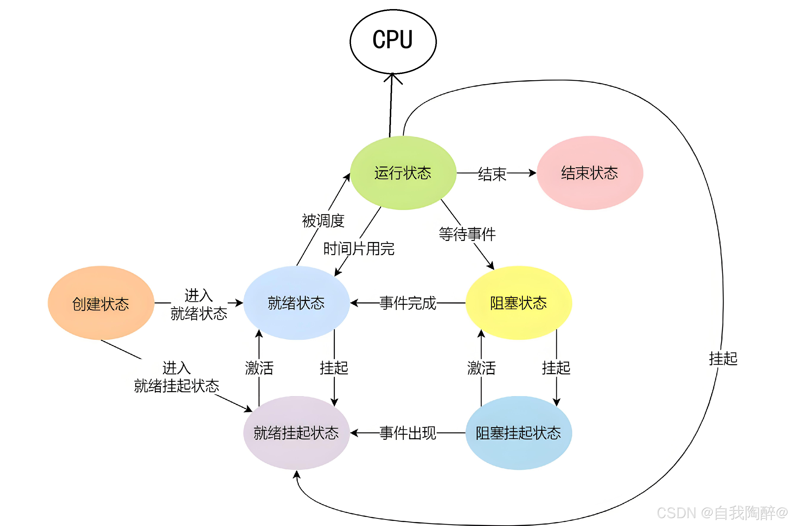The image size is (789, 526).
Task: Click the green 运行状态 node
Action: (x=403, y=173)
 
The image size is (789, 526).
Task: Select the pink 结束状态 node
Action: (x=590, y=173)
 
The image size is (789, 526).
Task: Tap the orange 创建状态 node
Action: (x=101, y=303)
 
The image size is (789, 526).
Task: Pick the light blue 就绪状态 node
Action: (x=296, y=303)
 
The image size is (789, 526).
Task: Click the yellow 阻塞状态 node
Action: (x=519, y=303)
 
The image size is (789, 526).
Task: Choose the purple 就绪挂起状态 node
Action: (x=296, y=433)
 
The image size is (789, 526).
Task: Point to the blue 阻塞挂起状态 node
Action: (x=519, y=433)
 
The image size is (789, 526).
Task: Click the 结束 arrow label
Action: (x=492, y=174)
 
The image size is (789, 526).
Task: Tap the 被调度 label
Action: (x=323, y=220)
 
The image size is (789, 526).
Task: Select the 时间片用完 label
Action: (x=359, y=249)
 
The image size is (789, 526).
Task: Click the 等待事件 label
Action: (x=467, y=234)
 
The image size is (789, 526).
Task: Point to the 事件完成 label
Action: (x=408, y=303)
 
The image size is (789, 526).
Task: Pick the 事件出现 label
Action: (x=408, y=433)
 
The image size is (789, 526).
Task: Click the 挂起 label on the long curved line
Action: (x=723, y=358)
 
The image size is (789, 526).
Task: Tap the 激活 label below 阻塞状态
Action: (x=481, y=368)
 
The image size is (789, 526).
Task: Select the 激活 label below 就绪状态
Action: (x=259, y=368)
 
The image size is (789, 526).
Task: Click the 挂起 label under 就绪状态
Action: (x=334, y=368)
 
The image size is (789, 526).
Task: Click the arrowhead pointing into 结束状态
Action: (x=533, y=173)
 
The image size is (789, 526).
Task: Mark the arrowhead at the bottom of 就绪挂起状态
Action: (x=296, y=474)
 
